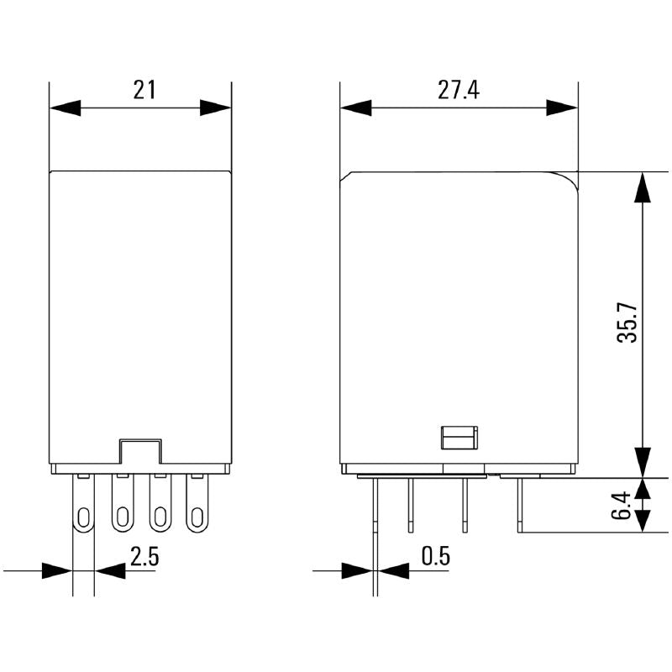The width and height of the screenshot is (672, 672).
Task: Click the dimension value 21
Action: pyautogui.click(x=144, y=89)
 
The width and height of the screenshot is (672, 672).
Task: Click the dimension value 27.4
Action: pyautogui.click(x=458, y=89)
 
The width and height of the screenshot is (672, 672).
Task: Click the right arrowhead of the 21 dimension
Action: pyautogui.click(x=216, y=108)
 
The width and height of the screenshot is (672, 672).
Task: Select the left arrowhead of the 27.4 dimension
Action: pyautogui.click(x=355, y=108)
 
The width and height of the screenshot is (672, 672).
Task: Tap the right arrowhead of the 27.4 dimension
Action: pyautogui.click(x=563, y=108)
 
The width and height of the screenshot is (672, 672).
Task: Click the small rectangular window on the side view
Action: pyautogui.click(x=459, y=438)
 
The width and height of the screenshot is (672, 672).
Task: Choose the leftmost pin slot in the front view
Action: pyautogui.click(x=83, y=517)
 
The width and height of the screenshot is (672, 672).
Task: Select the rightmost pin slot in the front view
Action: pyautogui.click(x=197, y=517)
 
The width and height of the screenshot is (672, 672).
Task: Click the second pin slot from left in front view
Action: pyautogui.click(x=122, y=517)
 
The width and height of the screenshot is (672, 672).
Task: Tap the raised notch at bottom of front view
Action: pyautogui.click(x=140, y=450)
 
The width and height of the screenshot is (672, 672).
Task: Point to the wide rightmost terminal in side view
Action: pyautogui.click(x=520, y=504)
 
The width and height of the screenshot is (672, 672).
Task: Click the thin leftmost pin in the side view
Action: pyautogui.click(x=375, y=521)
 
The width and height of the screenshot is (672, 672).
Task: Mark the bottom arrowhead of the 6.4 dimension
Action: pyautogui.click(x=643, y=520)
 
